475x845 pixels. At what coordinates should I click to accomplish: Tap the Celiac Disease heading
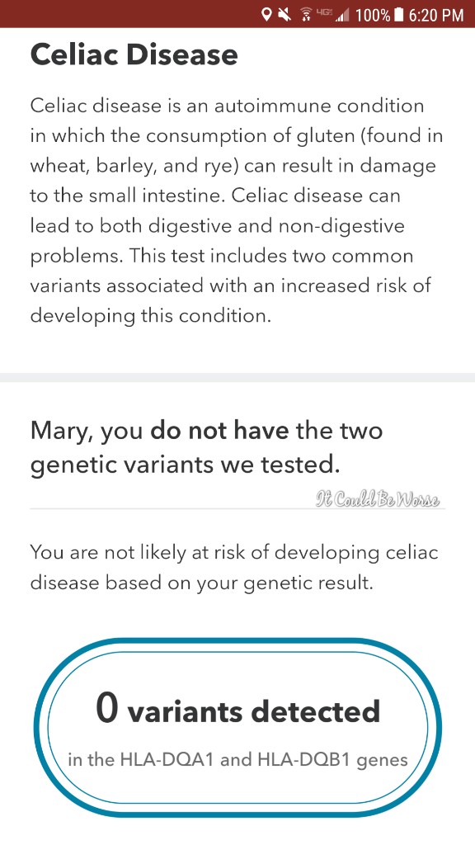tap(134, 55)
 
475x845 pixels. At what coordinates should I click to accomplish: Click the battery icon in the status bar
tap(399, 15)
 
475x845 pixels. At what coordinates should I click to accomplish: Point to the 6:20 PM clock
tap(436, 15)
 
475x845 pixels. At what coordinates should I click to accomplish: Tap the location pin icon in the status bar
tap(266, 15)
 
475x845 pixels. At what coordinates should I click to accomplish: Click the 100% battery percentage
tap(374, 15)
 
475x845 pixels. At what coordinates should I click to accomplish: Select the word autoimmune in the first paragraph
tap(272, 106)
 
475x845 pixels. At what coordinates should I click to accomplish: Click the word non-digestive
tap(341, 226)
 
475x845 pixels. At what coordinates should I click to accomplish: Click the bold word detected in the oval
tap(316, 711)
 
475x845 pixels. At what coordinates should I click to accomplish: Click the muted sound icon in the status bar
tap(285, 15)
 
